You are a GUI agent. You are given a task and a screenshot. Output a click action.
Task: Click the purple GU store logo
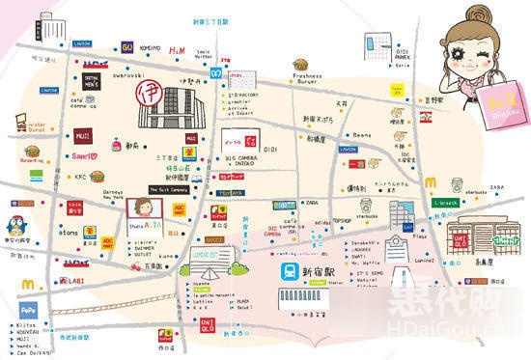tap(126, 45)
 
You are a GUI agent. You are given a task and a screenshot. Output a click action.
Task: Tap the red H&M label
tap(178, 50)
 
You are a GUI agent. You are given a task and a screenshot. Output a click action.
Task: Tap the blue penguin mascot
tap(18, 217)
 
